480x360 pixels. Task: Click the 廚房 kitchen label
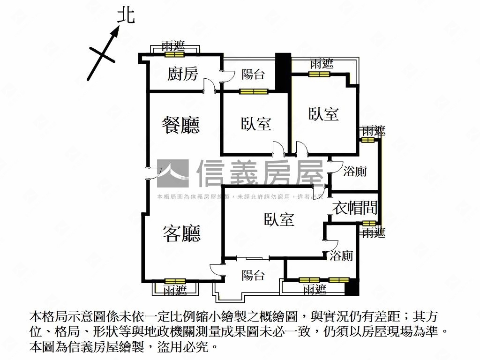click(x=183, y=74)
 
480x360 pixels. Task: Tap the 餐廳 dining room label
click(x=180, y=125)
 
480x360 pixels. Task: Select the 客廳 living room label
click(x=181, y=233)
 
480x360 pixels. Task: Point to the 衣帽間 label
click(x=355, y=208)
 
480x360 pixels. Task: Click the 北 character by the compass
click(x=126, y=15)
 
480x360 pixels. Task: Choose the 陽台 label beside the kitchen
click(x=253, y=74)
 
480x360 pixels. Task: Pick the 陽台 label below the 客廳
click(x=253, y=275)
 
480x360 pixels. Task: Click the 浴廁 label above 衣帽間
click(x=355, y=172)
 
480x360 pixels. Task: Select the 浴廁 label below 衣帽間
click(x=341, y=256)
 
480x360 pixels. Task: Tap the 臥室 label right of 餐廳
click(x=256, y=124)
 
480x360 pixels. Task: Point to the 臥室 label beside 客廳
click(x=279, y=219)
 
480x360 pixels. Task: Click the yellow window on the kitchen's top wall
click(x=174, y=54)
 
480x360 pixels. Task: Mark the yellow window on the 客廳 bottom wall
click(x=175, y=281)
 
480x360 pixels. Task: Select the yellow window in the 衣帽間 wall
click(x=369, y=223)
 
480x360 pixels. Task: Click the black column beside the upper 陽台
click(x=283, y=73)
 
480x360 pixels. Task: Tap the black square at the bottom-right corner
click(x=352, y=287)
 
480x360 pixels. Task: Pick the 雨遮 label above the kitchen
click(x=173, y=46)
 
